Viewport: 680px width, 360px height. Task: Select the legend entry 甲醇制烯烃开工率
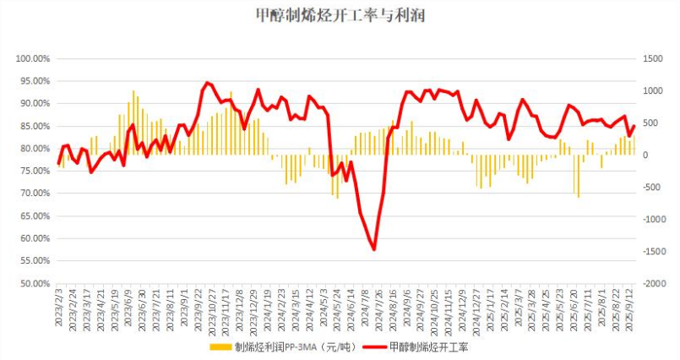441,347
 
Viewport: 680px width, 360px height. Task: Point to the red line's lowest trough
373,248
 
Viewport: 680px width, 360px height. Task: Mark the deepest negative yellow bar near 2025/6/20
579,196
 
